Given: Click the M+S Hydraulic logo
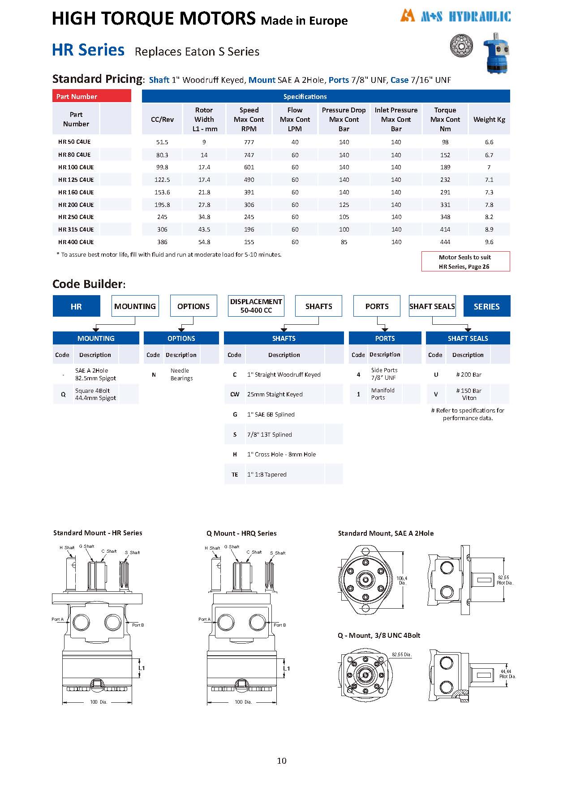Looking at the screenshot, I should tap(456, 17).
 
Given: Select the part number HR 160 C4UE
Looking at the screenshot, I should tap(76, 192).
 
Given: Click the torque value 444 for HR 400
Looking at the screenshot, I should tap(445, 242).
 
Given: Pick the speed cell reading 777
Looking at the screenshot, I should tap(249, 142).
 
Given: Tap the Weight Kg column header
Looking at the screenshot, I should tap(489, 120).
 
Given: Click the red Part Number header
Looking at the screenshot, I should tap(91, 96).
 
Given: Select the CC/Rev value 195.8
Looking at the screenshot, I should tap(162, 205).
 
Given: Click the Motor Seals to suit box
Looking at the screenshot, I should tap(465, 262).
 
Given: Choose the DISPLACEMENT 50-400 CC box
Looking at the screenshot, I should tap(256, 306).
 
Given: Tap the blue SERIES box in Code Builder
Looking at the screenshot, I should tap(486, 306).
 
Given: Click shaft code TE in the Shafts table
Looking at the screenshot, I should tap(235, 474).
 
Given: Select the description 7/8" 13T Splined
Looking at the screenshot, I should tap(269, 434).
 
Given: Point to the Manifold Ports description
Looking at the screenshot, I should tap(382, 394).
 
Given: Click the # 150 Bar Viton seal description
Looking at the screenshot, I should tap(468, 394).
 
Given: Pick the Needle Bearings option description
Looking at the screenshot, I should tap(181, 374).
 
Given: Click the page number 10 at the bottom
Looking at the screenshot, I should tap(281, 761).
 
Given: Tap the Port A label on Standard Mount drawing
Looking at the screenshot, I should tap(57, 619).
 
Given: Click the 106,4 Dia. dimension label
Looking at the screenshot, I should tap(402, 580).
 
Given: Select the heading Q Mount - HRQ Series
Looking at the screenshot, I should tap(241, 533).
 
